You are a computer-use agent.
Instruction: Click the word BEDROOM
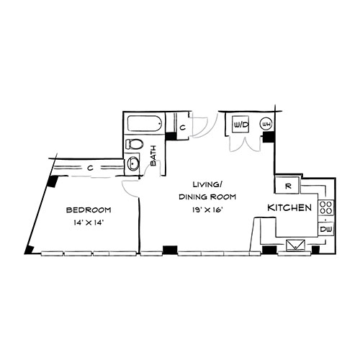click(89, 210)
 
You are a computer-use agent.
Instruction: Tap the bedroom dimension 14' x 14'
click(89, 222)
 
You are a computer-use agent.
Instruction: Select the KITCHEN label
click(289, 208)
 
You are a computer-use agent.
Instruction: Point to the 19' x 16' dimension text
click(207, 210)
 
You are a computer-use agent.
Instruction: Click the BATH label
click(153, 156)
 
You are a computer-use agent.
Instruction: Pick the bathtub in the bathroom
click(145, 124)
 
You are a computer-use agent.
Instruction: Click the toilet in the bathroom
click(135, 144)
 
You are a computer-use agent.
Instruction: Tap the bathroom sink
click(133, 163)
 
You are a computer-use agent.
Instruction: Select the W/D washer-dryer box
click(241, 125)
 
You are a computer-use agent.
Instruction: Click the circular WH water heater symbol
click(266, 124)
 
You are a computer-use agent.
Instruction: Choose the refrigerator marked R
click(287, 185)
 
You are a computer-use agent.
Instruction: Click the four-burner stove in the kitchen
click(326, 207)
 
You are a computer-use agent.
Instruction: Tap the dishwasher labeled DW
click(326, 229)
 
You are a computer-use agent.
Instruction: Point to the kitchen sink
click(296, 246)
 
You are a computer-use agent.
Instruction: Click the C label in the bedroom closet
click(90, 168)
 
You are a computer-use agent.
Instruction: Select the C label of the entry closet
click(183, 127)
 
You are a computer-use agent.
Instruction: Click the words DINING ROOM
click(207, 197)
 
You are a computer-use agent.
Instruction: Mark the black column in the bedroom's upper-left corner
click(52, 181)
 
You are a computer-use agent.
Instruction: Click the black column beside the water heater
click(269, 137)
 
